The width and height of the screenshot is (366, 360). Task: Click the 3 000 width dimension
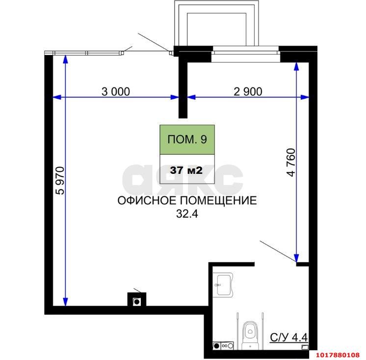[116, 91]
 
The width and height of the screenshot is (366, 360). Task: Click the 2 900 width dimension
[248, 91]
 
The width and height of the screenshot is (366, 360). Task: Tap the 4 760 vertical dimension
[291, 163]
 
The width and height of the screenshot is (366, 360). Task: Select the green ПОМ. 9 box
[187, 139]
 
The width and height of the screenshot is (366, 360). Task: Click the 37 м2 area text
[186, 170]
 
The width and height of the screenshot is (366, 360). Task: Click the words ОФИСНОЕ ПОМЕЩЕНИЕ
[187, 200]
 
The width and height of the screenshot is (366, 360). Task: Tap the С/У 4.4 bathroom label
[289, 337]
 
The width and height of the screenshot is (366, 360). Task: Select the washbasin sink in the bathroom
[223, 285]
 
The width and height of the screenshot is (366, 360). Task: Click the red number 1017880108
[338, 355]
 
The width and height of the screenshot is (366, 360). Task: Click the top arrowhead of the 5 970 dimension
[65, 59]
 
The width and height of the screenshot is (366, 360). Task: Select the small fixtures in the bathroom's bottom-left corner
[223, 346]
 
